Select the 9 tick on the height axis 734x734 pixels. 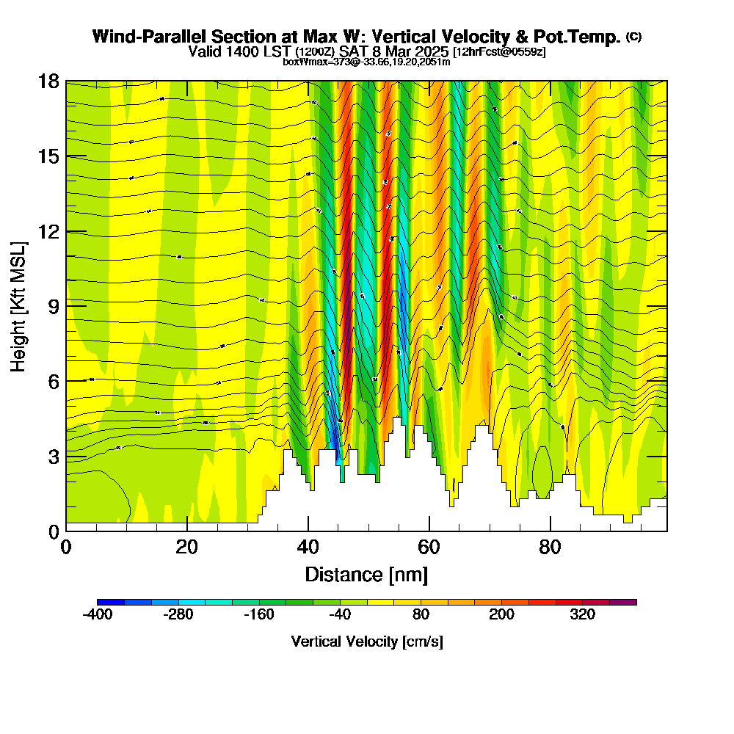coord(52,306)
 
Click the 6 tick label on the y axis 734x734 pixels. coord(52,381)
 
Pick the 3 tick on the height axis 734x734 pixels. coord(52,456)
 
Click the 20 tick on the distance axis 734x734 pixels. coord(187,548)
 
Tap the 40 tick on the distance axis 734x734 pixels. coord(308,548)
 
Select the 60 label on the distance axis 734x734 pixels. coord(429,548)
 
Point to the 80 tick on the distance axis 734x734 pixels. coord(550,548)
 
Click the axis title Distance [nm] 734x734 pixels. coord(366,574)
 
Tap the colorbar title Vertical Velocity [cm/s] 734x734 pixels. coord(366,642)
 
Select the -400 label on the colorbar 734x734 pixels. coord(98,615)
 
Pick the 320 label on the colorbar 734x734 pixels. coord(583,615)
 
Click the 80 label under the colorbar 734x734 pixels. coord(421,615)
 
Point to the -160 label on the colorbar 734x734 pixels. coord(259,615)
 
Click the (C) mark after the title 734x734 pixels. coord(634,37)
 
